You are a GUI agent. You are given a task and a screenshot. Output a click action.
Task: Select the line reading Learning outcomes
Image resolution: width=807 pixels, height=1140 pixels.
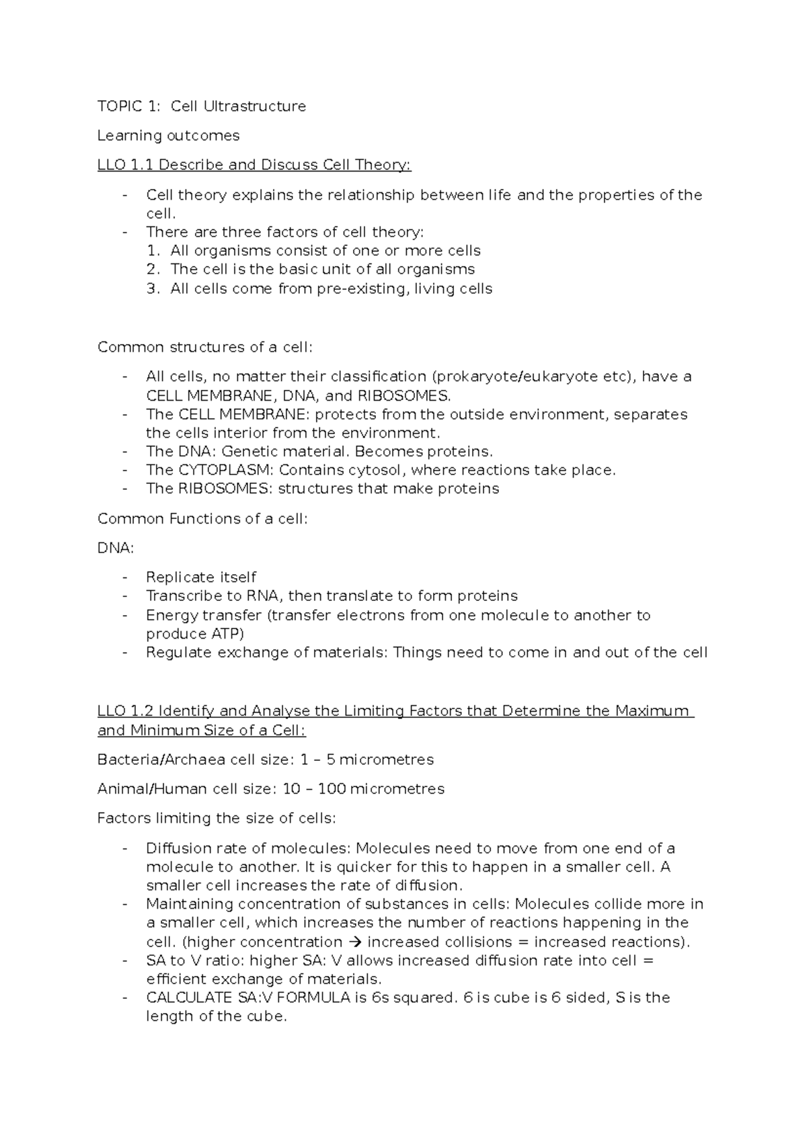point(168,136)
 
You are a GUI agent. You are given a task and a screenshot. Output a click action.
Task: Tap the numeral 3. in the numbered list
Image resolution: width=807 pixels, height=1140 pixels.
point(153,289)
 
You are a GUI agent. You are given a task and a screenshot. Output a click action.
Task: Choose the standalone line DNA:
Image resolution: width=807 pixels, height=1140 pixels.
point(116,548)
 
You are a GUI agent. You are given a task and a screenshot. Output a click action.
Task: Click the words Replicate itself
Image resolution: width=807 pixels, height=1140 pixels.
point(201,577)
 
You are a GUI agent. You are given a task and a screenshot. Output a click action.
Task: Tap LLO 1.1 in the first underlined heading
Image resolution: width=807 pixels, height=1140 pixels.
point(125,165)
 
